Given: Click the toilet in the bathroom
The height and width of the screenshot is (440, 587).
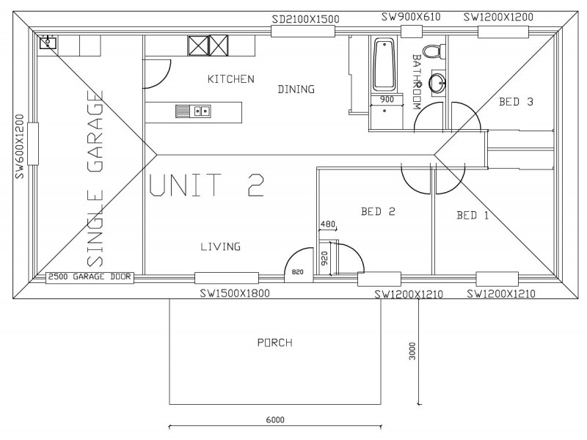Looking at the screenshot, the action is point(434,51).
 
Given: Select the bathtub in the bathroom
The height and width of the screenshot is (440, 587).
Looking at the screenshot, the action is point(384,65).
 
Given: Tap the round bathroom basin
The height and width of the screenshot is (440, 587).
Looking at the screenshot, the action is point(437,81).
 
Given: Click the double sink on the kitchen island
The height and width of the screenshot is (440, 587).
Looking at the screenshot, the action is point(193,111).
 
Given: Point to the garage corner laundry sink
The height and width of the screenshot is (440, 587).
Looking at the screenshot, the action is point(48,43).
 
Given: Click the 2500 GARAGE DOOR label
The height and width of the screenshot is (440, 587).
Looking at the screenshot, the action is point(90,277).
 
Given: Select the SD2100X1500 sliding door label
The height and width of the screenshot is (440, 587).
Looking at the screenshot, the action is point(305,19).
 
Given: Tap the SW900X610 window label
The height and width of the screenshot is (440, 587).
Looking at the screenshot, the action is point(411,17).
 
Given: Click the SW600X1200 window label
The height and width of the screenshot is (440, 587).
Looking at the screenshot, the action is point(20,146).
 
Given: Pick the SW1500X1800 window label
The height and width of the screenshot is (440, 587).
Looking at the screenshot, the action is point(235,293).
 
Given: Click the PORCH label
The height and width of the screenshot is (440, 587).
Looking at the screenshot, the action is point(274,342).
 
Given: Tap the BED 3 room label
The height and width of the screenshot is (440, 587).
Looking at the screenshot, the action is point(516,102).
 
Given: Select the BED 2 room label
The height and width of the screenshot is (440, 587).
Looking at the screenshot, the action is point(378,212).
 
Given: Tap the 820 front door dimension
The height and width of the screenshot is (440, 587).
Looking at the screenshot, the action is point(298,272).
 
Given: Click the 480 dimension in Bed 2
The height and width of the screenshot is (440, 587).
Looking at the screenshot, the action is point(328,224).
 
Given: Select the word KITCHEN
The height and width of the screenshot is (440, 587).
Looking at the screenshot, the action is point(230,79).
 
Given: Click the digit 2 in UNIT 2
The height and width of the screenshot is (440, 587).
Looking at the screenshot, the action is point(256,185).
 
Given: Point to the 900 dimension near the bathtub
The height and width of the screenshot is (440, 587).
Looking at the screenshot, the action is point(387,100).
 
